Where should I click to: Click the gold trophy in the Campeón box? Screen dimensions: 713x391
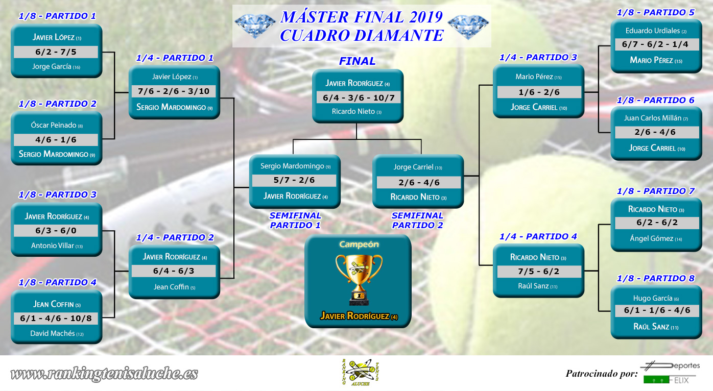click(x=359, y=280)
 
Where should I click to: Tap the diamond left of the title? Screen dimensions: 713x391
click(x=255, y=26)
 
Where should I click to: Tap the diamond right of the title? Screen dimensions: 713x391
click(x=468, y=27)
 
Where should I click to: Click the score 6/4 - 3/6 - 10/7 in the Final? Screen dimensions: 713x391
click(x=359, y=97)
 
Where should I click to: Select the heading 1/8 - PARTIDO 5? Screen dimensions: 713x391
click(x=655, y=12)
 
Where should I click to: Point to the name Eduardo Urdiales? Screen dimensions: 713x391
click(x=653, y=31)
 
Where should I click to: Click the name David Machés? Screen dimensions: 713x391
click(x=53, y=333)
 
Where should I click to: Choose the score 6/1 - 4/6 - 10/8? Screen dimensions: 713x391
click(x=56, y=318)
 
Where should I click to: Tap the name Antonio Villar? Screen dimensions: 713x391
click(x=53, y=246)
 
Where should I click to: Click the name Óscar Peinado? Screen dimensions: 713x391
click(x=54, y=125)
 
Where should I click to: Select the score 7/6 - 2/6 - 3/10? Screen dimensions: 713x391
click(x=174, y=91)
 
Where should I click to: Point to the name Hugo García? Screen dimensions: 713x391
click(x=653, y=298)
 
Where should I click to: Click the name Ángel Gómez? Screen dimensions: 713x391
click(x=652, y=238)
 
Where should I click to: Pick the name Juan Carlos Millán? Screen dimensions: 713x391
click(x=653, y=118)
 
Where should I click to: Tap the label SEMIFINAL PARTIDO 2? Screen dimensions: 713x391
click(x=417, y=220)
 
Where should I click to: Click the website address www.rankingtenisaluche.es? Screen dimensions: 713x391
click(x=104, y=374)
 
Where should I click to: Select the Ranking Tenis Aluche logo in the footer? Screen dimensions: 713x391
click(x=360, y=373)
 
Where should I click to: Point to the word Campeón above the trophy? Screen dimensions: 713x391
click(x=359, y=245)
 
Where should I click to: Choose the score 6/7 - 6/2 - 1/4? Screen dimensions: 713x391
click(x=655, y=44)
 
